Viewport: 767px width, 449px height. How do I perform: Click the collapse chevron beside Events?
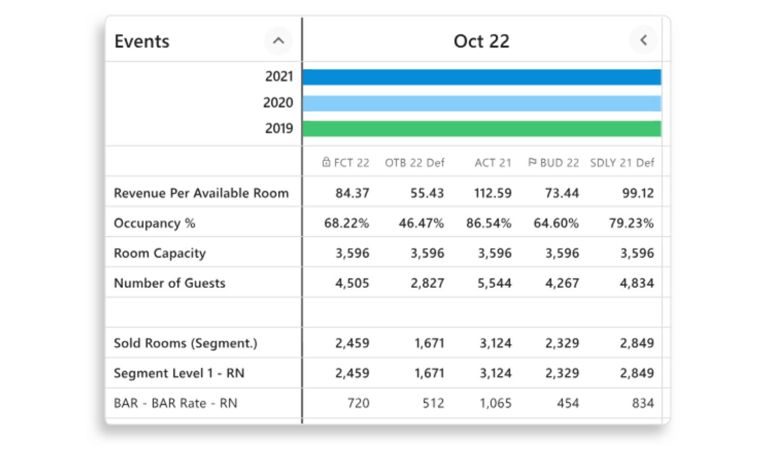279,41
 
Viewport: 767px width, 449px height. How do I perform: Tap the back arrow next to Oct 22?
643,40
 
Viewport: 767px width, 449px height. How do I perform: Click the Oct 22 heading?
481,41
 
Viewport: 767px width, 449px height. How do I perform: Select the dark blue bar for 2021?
482,77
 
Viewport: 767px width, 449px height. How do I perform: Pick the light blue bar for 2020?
482,104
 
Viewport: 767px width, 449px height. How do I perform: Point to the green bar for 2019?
482,129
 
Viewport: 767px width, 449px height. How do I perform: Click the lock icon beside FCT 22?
326,162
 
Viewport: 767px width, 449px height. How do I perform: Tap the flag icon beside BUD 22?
532,162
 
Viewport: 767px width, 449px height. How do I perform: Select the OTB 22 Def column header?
415,163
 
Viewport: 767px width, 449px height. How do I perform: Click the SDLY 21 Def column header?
622,163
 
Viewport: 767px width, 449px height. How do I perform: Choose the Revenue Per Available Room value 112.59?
493,194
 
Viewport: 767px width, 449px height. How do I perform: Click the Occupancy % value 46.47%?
421,223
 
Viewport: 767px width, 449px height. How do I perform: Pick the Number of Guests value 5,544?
494,283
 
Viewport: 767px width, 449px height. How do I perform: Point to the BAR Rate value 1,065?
496,403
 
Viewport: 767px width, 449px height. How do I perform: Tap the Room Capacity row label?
160,253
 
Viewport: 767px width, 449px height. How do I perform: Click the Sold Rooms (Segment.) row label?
185,343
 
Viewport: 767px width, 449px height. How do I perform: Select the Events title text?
142,41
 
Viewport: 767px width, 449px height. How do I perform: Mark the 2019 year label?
279,129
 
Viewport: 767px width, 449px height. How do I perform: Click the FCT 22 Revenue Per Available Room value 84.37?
352,194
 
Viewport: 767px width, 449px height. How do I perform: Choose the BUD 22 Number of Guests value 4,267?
562,283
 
